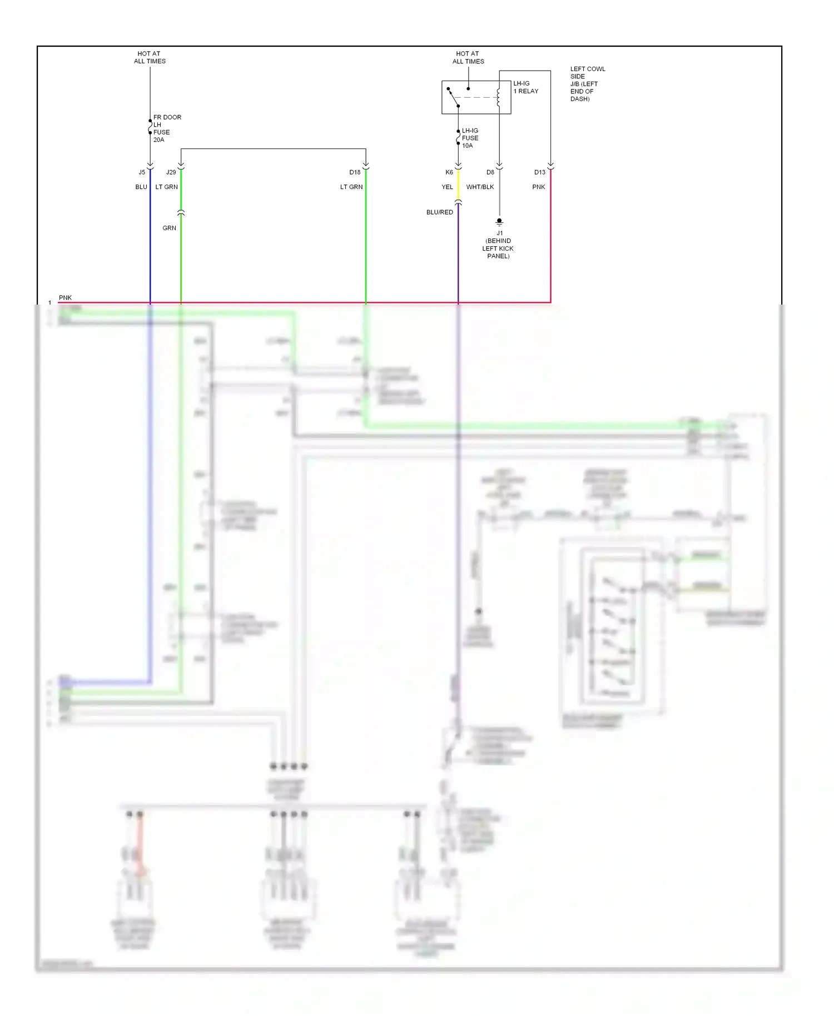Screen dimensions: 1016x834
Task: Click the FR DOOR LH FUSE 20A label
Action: pos(167,128)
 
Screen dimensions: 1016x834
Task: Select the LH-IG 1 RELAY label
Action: pos(525,87)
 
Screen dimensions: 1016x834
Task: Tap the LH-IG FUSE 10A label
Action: pos(470,138)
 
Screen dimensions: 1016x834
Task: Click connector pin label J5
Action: pos(142,172)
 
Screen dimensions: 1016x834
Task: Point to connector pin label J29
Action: pos(171,172)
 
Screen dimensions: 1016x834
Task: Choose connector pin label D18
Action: pos(355,172)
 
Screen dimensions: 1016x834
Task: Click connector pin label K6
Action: pos(449,172)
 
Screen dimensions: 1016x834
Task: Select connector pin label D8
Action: pos(490,172)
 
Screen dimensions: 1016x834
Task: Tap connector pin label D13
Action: pos(540,172)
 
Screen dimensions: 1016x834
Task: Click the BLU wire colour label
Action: pos(141,187)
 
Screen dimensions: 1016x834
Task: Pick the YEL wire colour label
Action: pos(447,187)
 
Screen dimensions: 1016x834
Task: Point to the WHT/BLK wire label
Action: pos(480,187)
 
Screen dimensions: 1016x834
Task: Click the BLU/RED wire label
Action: pos(439,212)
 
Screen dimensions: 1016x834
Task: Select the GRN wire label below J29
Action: pos(169,228)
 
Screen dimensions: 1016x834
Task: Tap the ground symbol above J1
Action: pos(499,222)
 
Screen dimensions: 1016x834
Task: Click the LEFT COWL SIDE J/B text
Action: pos(587,84)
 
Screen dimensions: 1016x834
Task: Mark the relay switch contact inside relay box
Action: pos(453,97)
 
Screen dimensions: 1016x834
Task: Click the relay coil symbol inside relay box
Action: pos(499,97)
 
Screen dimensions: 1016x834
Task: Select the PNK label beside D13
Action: pos(538,187)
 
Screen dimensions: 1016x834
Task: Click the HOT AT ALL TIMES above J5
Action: pos(150,57)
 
